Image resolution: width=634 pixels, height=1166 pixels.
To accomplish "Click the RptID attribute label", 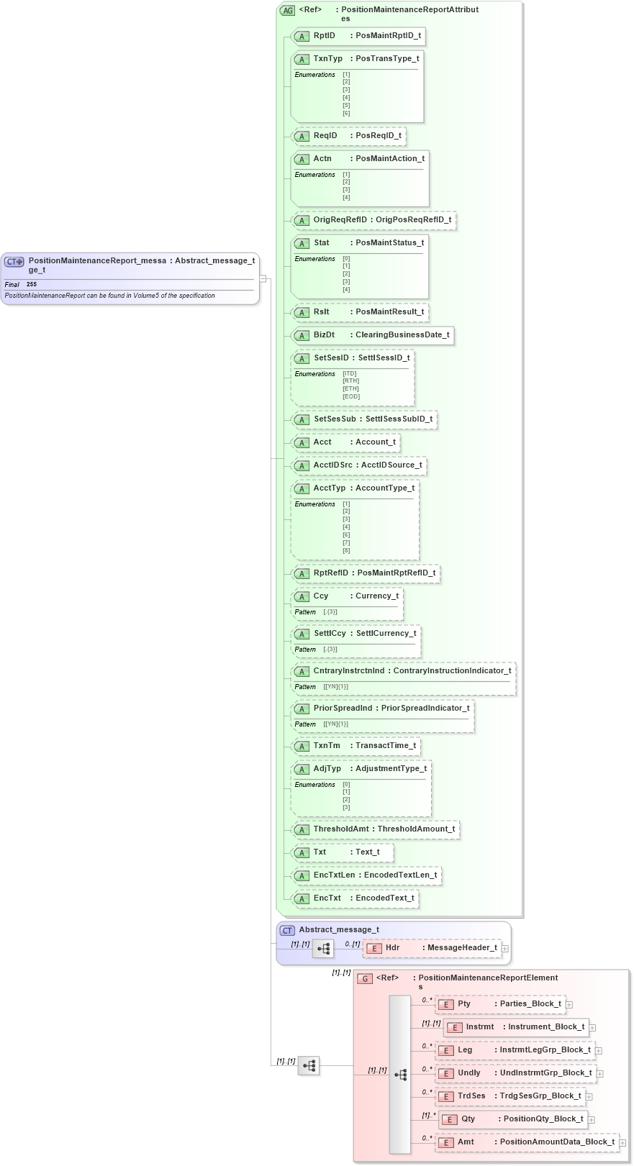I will [325, 35].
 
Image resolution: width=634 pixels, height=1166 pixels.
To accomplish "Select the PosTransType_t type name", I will [387, 58].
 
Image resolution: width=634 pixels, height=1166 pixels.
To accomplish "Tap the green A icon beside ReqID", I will [302, 136].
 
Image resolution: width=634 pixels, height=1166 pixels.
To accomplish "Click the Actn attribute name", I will [322, 158].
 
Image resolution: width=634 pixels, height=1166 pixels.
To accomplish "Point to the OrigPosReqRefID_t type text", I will [414, 219].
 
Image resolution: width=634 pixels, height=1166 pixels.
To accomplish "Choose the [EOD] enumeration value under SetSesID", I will [351, 396].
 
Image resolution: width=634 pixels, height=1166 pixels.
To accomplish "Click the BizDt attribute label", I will [324, 334].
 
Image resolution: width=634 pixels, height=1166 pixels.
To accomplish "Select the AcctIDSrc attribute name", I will [332, 465].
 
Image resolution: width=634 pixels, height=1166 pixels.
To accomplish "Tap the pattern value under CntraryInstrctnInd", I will [335, 686].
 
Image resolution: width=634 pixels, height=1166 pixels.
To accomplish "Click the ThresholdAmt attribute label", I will [341, 829].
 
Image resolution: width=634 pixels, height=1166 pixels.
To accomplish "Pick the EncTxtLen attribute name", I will [334, 875].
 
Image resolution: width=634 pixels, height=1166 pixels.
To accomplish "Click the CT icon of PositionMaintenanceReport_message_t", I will [14, 262].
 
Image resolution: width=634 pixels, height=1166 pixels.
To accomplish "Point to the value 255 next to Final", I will [32, 284].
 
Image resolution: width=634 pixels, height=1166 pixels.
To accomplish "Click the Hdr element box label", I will [392, 947].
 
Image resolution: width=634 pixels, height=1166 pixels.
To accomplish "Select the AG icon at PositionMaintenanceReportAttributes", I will [288, 10].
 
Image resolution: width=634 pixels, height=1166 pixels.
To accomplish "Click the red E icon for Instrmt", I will [454, 1027].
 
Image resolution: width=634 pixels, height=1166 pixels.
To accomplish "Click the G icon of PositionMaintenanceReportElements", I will [365, 978].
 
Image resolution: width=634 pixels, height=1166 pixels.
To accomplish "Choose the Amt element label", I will [466, 1142].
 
